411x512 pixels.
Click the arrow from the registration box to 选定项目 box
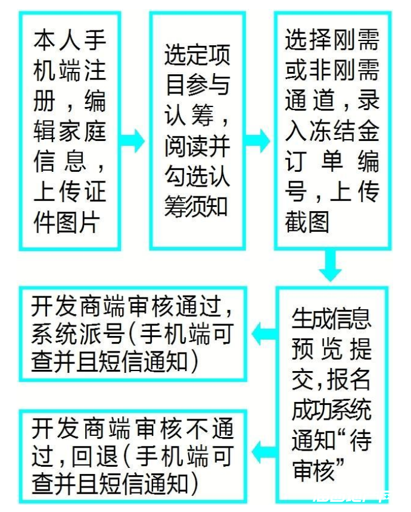[132, 140]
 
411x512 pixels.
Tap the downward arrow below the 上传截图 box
[330, 265]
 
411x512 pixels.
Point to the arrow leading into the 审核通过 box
[264, 334]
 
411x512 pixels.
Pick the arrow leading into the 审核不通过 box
[264, 452]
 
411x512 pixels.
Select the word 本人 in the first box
[56, 40]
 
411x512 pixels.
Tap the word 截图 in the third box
[307, 222]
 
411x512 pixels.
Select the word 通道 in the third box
[310, 100]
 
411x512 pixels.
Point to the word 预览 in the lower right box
[316, 349]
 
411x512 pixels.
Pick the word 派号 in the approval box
[102, 334]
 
